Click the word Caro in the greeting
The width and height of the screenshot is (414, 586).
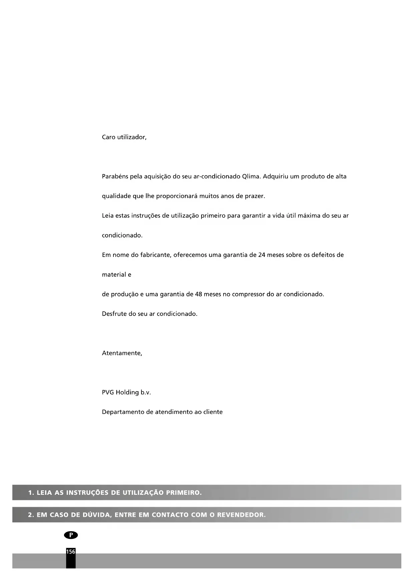108,137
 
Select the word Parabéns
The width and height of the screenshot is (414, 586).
115,176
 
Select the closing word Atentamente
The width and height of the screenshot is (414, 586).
122,353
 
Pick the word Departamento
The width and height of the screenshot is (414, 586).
123,412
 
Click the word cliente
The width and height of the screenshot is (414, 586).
212,412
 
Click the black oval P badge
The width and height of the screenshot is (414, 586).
71,535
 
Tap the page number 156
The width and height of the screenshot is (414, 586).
71,552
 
